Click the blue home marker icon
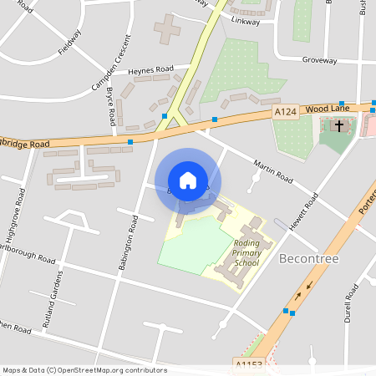tap(188, 180)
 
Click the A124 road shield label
tap(285, 110)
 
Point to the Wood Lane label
tap(327, 109)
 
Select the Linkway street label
tap(246, 18)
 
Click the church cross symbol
tap(338, 127)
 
